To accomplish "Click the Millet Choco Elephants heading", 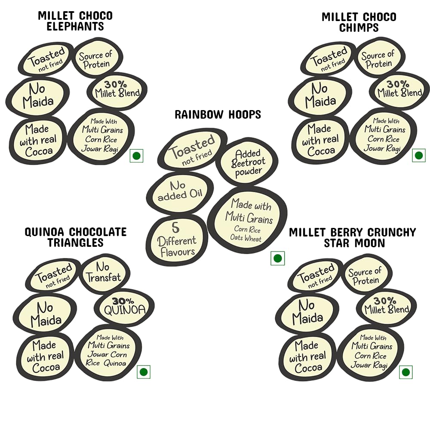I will coord(75,21).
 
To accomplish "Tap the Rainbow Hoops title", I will coord(218,114).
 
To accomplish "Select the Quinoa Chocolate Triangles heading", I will coord(76,237).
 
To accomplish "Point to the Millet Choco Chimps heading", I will coord(359,22).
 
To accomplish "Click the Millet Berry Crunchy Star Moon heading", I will coord(353,238).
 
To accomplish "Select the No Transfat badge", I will coord(104,273).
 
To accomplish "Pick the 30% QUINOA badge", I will coord(124,307).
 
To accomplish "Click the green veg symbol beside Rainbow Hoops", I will coord(277,258).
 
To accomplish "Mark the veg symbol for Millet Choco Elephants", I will coord(136,155).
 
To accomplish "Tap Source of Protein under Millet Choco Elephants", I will coord(95,60).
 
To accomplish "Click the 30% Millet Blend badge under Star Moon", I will coord(386,305).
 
